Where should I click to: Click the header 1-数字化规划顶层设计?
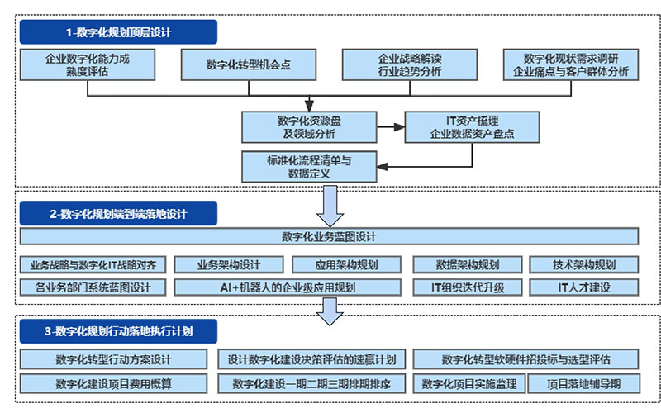(118, 32)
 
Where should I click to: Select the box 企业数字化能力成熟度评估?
(88, 64)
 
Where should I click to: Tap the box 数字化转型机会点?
(249, 64)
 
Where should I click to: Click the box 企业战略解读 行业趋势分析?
(409, 64)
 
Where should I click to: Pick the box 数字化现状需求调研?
(571, 64)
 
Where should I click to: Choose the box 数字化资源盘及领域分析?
(309, 126)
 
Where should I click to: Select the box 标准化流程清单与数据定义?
(309, 165)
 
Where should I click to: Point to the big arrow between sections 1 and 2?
(330, 206)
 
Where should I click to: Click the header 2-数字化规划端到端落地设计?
(118, 214)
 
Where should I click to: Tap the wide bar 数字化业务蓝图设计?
(329, 237)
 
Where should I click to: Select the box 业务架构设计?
(229, 265)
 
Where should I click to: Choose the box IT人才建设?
(584, 287)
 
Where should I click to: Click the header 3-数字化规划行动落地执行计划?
(118, 332)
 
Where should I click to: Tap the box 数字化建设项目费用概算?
(113, 383)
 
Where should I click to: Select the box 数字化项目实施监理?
(468, 383)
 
